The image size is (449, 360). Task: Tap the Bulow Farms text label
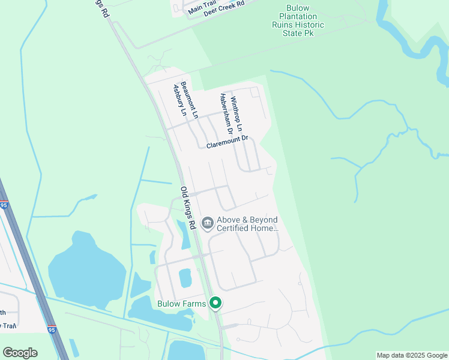tap(182, 304)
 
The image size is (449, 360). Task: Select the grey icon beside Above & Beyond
tap(208, 224)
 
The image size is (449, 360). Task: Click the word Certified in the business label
tap(237, 229)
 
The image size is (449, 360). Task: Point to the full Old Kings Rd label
tap(188, 208)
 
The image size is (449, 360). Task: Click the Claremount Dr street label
tap(227, 142)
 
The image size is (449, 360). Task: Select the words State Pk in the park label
tap(298, 33)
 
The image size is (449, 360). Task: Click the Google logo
tap(20, 353)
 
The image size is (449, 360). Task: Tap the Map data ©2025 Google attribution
tap(412, 355)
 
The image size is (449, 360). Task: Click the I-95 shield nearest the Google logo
tap(51, 329)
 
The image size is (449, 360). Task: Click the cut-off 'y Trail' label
tap(8, 326)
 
